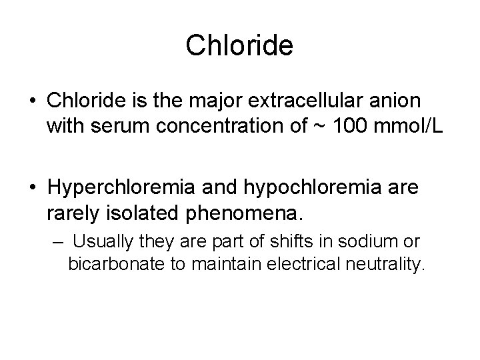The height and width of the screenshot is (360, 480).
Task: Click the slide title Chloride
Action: point(239,45)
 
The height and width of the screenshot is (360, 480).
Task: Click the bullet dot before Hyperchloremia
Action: point(31,187)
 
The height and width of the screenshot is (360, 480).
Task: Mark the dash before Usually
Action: point(56,240)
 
